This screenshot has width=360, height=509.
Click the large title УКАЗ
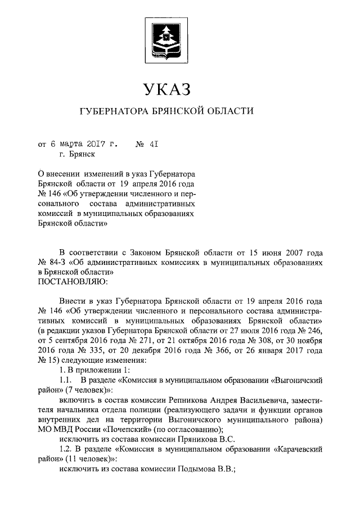pyautogui.click(x=166, y=89)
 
